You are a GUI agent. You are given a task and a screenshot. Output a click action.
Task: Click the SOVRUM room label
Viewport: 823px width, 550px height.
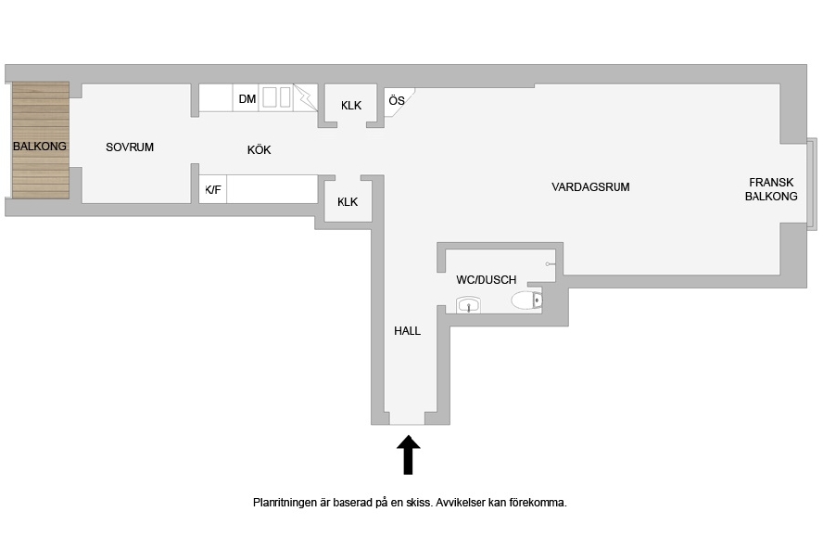tap(130, 147)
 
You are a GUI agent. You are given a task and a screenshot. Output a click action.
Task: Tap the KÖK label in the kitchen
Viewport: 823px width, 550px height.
tap(259, 149)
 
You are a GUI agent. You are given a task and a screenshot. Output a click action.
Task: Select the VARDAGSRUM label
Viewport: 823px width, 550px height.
tap(590, 187)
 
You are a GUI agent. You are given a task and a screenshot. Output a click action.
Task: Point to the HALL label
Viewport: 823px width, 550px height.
tap(407, 331)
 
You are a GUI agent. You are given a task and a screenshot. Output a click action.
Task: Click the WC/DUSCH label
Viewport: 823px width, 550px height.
tap(486, 280)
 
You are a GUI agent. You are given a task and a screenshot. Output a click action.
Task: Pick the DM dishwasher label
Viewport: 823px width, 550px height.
tap(247, 98)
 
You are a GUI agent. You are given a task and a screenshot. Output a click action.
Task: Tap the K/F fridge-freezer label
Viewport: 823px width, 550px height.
tap(213, 189)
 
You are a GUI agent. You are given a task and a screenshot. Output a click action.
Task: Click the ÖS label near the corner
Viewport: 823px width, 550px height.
tap(397, 100)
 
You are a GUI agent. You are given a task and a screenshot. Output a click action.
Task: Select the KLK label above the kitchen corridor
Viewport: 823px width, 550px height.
tap(351, 106)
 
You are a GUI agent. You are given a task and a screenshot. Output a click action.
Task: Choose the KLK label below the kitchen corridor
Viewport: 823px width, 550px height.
tap(348, 201)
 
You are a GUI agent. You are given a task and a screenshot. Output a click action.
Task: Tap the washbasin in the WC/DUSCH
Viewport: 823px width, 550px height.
tap(468, 305)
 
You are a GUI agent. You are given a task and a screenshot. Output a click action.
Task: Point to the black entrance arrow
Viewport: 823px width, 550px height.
tap(408, 454)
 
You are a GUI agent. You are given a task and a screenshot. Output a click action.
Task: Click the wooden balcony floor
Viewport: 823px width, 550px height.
tap(41, 140)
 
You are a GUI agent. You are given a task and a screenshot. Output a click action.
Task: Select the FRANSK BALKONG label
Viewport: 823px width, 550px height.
tap(771, 189)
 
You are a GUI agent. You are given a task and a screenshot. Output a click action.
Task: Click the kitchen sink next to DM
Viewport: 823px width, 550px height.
tap(276, 97)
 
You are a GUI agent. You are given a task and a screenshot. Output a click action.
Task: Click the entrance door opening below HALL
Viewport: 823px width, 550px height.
tap(407, 417)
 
